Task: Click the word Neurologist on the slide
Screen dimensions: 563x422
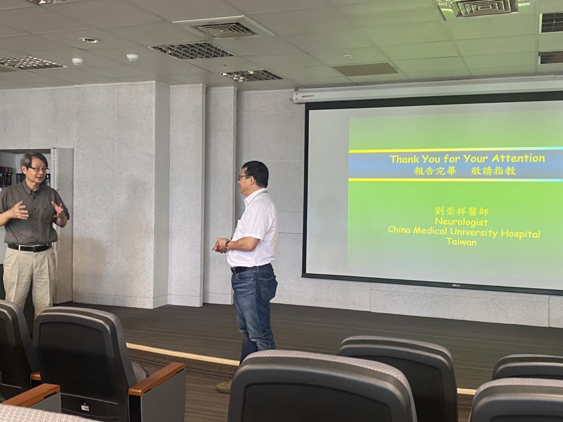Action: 461,222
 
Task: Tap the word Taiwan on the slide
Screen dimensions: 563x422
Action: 461,242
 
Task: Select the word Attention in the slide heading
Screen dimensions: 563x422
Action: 518,159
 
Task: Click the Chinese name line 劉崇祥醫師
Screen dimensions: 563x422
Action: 461,211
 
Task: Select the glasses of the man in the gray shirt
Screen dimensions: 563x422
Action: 38,169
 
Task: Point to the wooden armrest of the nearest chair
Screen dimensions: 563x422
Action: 157,379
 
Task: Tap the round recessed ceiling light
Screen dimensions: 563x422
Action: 89,40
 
